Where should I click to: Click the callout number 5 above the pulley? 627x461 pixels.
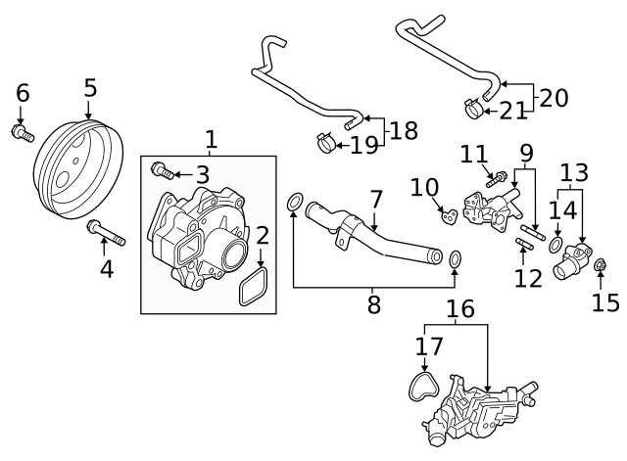[x=90, y=88]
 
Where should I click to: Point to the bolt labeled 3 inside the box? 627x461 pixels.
[x=164, y=173]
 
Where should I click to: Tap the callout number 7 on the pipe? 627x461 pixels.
[x=375, y=200]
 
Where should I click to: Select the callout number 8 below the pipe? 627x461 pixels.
[x=373, y=304]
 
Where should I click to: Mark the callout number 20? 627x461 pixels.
[x=554, y=97]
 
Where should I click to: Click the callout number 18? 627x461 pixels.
[x=405, y=129]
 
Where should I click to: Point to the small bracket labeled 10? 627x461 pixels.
[x=447, y=212]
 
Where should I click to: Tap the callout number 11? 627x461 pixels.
[x=474, y=154]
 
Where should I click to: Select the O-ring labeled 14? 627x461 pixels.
[x=555, y=243]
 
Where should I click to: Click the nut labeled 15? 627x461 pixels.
[x=601, y=262]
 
